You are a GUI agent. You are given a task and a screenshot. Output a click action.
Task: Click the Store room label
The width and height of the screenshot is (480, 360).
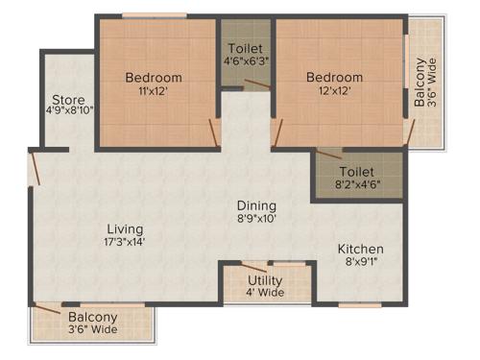(x=69, y=100)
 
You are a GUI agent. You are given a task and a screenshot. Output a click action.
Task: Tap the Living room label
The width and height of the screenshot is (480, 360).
(x=126, y=229)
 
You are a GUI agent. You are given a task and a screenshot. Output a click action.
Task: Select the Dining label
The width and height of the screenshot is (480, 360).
(x=257, y=205)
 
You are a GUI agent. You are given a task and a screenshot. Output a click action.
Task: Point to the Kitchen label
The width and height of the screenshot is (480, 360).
(x=360, y=250)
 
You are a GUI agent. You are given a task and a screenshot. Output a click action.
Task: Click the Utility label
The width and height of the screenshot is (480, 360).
(x=265, y=279)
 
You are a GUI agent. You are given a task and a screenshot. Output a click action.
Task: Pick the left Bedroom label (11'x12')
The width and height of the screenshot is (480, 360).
(x=154, y=78)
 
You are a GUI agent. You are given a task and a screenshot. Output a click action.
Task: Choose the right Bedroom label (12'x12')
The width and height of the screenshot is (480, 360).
(x=334, y=78)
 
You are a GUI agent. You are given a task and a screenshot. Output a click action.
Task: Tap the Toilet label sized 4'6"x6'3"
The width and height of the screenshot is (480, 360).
(x=246, y=48)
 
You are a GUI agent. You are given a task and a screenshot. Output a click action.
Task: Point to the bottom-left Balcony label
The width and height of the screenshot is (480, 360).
(x=92, y=317)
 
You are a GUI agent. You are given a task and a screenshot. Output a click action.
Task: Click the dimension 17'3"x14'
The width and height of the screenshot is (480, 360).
(x=126, y=242)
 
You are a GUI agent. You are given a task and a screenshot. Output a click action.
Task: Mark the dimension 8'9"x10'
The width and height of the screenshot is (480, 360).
(x=256, y=219)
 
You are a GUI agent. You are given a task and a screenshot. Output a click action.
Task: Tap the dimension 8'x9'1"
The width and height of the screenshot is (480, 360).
(x=360, y=263)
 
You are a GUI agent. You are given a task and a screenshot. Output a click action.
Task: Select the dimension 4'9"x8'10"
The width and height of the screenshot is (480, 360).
(x=69, y=111)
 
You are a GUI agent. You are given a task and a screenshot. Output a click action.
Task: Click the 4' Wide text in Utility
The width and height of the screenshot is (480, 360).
(x=264, y=292)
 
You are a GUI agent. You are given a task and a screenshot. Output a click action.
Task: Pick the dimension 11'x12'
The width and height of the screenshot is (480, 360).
(x=154, y=91)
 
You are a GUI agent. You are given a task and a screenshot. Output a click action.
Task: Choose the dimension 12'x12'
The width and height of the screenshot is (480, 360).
(x=334, y=91)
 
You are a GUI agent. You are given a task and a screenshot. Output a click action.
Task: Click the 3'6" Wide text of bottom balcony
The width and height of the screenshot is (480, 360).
(x=92, y=329)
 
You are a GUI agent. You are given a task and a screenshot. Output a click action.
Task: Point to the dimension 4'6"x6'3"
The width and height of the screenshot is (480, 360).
(x=246, y=61)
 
